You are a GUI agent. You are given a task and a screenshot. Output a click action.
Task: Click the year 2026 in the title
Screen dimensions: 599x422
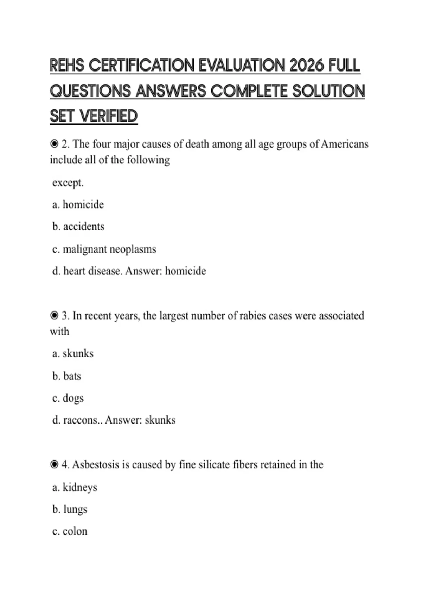click(x=307, y=66)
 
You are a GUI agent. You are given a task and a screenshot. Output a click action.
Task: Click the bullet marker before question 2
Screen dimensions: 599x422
click(x=54, y=144)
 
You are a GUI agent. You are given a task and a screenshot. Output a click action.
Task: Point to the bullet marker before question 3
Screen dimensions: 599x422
click(x=54, y=315)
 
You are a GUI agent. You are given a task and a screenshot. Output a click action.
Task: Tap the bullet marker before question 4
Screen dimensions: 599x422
click(x=54, y=464)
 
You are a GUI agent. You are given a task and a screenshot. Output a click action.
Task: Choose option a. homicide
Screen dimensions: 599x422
click(x=78, y=204)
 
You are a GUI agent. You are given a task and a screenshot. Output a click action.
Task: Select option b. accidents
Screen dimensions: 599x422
click(x=78, y=226)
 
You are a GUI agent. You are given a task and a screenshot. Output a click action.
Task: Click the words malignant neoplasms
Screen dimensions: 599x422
click(x=109, y=249)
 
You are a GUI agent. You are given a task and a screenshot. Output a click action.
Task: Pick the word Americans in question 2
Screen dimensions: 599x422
click(x=345, y=144)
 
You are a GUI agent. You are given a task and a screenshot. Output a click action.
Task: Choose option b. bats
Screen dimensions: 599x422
click(x=67, y=376)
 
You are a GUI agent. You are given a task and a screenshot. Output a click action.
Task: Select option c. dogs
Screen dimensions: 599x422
click(x=68, y=398)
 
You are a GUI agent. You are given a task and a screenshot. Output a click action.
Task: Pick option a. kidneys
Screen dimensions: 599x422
click(x=75, y=487)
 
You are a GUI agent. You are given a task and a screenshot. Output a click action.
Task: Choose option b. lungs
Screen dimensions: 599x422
click(x=70, y=510)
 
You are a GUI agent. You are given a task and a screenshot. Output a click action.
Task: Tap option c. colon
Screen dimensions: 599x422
click(x=70, y=531)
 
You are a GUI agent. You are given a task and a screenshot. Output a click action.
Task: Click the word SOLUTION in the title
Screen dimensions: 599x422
click(x=328, y=91)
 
